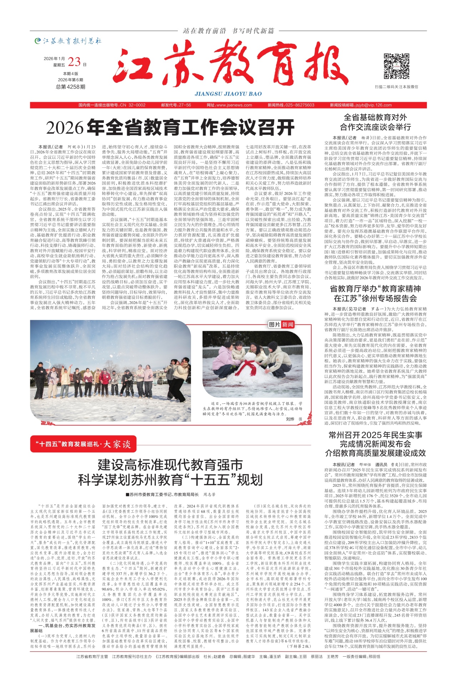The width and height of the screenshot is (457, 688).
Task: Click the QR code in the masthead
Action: pos(396,66)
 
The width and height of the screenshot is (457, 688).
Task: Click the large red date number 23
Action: pos(74,62)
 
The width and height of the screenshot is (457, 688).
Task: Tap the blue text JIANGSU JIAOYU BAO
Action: pos(228,94)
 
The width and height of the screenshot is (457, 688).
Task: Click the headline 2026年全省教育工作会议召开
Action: pos(170,127)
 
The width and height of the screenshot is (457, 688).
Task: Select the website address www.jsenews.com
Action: pos(234,105)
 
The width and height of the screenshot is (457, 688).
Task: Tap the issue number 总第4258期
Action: pos(70,87)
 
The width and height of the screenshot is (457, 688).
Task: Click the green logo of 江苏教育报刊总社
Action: pos(37,41)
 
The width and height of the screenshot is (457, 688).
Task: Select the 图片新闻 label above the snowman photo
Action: pos(281,324)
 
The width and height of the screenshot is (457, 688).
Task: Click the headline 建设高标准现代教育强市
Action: pos(170,465)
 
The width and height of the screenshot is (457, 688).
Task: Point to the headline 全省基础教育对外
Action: pos(375,117)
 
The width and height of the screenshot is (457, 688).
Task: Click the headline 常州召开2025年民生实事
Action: pos(375,435)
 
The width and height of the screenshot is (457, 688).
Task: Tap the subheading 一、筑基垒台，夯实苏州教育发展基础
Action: pos(63,628)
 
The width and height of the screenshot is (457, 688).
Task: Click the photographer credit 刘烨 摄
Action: pos(294,419)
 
